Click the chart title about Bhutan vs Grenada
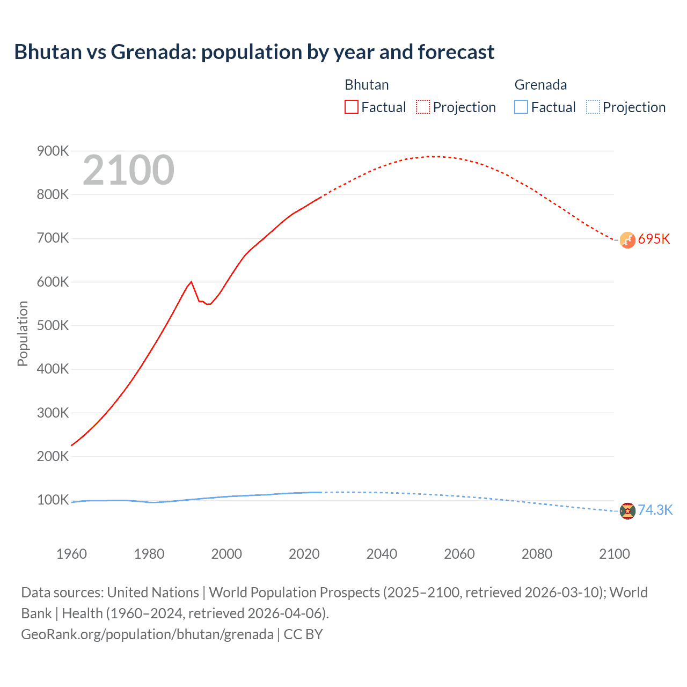tap(254, 52)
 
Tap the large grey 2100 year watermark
tap(128, 170)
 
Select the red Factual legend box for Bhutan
tap(351, 107)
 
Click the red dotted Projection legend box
tap(423, 107)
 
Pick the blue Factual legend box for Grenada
tap(521, 107)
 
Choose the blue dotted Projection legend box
tap(593, 107)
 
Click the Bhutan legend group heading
tap(367, 85)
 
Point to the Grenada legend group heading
tap(540, 85)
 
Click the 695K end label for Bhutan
tap(654, 239)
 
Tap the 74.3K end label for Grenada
tap(655, 510)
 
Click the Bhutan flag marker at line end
tap(627, 240)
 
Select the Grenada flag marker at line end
tap(627, 511)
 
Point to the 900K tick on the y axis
tap(53, 151)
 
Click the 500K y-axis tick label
tap(53, 326)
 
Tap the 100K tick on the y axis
tap(53, 500)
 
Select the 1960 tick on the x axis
tap(71, 554)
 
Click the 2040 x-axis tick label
tap(382, 554)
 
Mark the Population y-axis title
tap(23, 333)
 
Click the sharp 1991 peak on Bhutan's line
tap(191, 282)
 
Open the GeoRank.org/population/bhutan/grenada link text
tap(147, 634)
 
